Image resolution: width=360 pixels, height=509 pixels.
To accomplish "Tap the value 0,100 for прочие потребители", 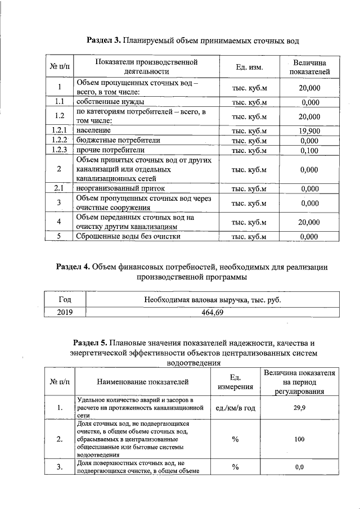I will (309, 150).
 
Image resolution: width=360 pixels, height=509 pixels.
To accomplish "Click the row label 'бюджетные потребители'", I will (118, 141).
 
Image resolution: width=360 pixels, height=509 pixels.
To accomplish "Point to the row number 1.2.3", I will (59, 150).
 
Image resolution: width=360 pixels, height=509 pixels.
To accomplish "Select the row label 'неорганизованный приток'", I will (124, 188).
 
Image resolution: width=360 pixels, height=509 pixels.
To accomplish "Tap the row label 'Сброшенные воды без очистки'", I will (128, 236).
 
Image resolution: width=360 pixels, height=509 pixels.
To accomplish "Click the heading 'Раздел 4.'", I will (73, 267).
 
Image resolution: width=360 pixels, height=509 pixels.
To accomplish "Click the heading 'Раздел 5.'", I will (91, 343).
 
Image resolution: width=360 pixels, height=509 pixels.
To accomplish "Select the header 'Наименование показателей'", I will (143, 382).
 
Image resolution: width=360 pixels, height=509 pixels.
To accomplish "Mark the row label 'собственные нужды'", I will (110, 102).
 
